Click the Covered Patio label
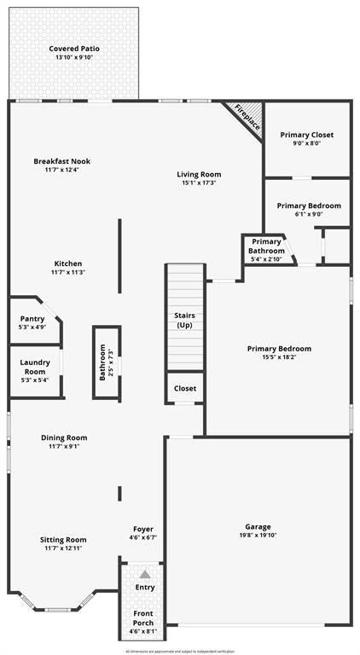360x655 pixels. [74, 49]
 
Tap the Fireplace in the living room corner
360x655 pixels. [247, 118]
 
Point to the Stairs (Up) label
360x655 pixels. [184, 321]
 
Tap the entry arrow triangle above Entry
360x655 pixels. [144, 574]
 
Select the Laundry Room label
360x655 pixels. [34, 367]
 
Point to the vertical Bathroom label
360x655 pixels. [102, 362]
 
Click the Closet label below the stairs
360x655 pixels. [184, 388]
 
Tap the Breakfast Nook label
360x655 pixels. [62, 161]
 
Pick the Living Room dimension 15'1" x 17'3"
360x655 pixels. [199, 183]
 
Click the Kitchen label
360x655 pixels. [68, 264]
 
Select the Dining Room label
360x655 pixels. [65, 438]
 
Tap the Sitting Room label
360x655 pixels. [65, 540]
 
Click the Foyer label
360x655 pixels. [143, 530]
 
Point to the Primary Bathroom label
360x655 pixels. [266, 246]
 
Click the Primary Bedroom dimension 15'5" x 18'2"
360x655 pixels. [279, 358]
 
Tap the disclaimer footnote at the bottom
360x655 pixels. [180, 651]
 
